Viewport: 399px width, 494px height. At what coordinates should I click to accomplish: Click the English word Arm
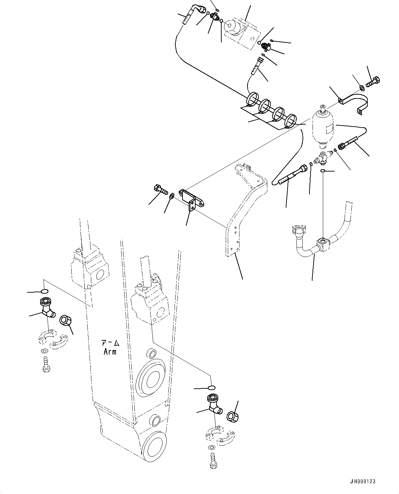click(109, 352)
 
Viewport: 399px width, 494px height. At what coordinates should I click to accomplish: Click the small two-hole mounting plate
click(192, 201)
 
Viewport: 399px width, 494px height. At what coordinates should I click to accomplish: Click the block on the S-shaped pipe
click(324, 243)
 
